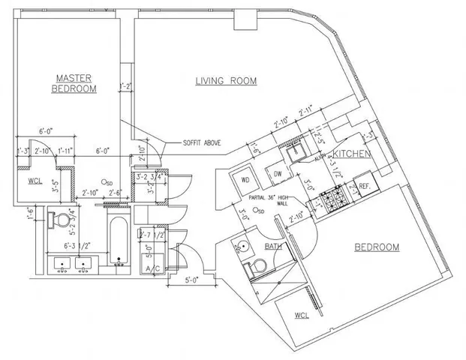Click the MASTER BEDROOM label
pyautogui.click(x=74, y=83)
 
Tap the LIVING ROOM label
pyautogui.click(x=226, y=81)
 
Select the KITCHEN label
pyautogui.click(x=352, y=153)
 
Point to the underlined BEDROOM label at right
pyautogui.click(x=376, y=247)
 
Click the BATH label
pyautogui.click(x=272, y=246)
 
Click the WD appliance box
pyautogui.click(x=245, y=180)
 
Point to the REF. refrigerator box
pyautogui.click(x=364, y=185)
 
